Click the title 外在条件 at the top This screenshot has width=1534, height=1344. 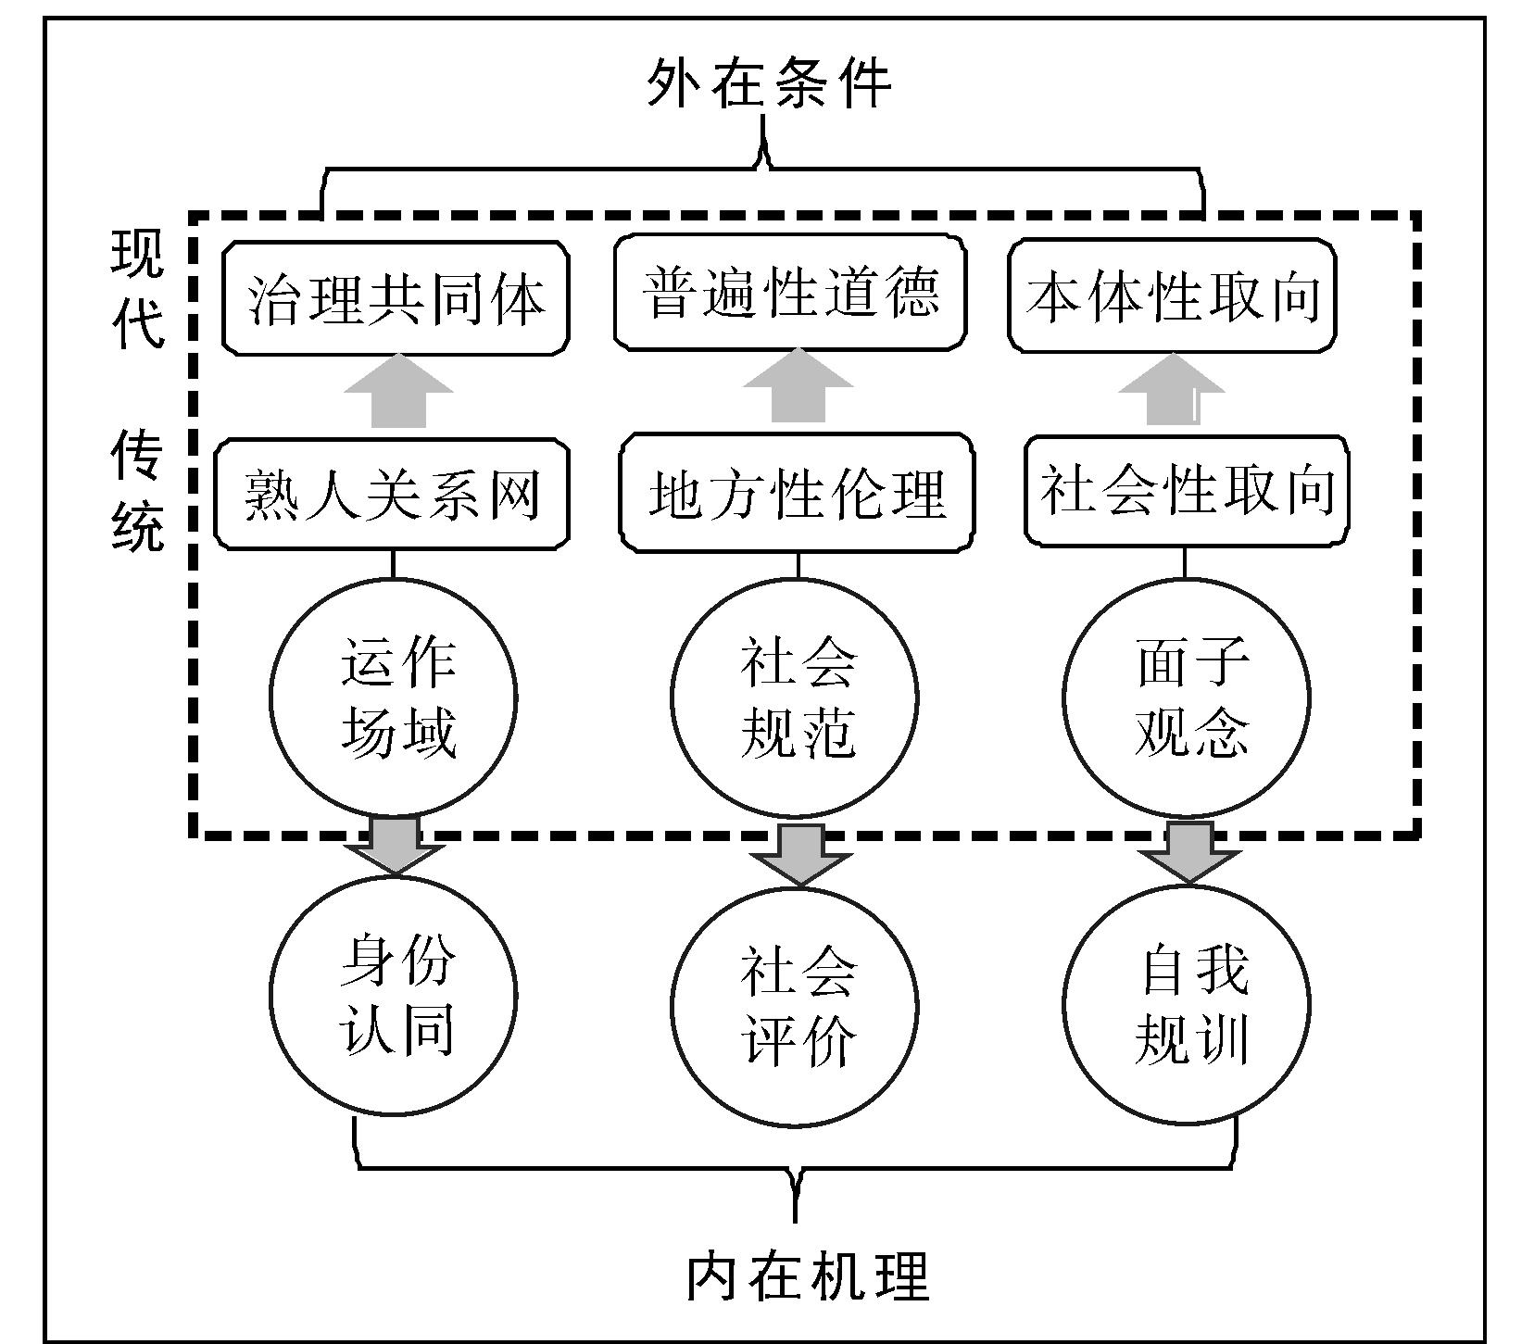tap(768, 84)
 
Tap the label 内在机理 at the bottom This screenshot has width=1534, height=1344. tap(807, 1275)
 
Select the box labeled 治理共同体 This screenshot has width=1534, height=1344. tap(396, 298)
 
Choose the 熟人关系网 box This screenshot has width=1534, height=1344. tap(392, 495)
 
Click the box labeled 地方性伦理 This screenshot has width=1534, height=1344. tap(797, 494)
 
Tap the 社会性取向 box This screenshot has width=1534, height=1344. tap(1187, 490)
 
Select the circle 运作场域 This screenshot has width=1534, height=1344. tap(394, 698)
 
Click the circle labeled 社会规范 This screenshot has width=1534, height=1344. tap(795, 698)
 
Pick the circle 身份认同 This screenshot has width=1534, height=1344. tap(394, 997)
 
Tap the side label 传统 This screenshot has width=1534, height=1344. tap(138, 490)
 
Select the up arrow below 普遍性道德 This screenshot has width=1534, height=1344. tap(798, 387)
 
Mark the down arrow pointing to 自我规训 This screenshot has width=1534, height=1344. tap(1189, 849)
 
